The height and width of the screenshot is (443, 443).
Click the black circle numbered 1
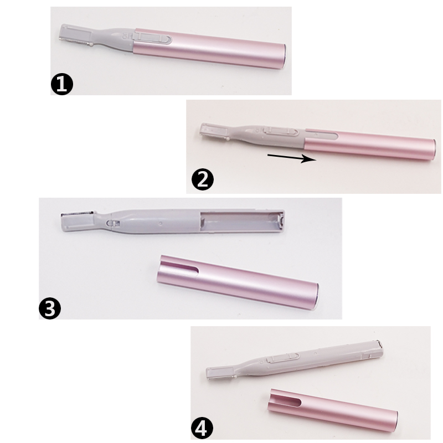point(62,84)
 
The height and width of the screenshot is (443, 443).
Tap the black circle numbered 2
point(203,179)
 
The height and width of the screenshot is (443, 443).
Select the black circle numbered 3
point(50,308)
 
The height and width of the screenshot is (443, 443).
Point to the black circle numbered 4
point(202,429)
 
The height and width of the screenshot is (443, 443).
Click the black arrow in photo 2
point(292,157)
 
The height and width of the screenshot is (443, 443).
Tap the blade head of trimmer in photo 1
point(76,35)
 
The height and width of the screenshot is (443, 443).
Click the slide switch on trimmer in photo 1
point(153,38)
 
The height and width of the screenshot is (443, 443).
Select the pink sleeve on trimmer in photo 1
point(210,48)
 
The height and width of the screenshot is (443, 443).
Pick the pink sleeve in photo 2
point(370,144)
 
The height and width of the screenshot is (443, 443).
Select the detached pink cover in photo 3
point(238,282)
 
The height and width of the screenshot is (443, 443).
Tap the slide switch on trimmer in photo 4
point(284,357)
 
